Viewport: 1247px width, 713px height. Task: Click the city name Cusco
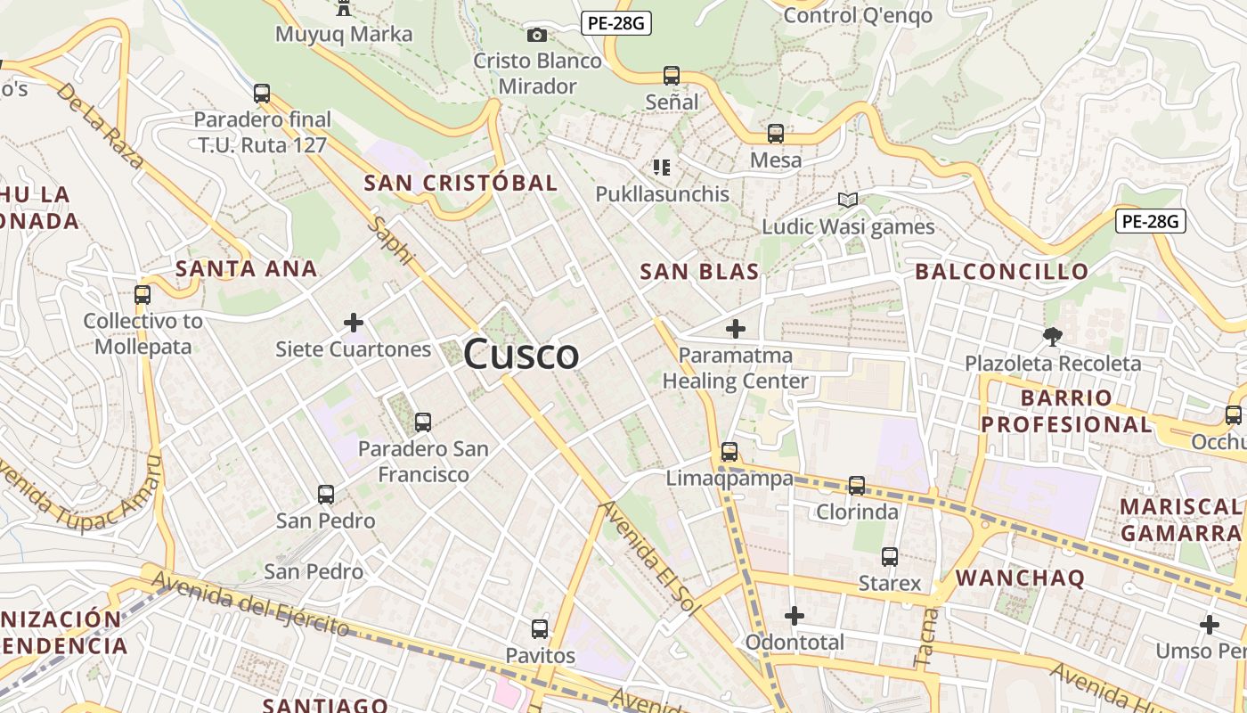tap(521, 355)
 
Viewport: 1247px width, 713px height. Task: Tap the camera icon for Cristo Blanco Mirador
tap(536, 35)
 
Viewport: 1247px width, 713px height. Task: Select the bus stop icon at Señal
tap(672, 76)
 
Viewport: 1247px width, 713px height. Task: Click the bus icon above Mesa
tap(776, 134)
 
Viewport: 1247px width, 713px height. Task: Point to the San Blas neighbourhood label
tap(699, 272)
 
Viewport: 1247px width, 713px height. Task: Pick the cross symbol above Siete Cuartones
tap(354, 322)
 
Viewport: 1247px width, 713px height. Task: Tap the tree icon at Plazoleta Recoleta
tap(1053, 336)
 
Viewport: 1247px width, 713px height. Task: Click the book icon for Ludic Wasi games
tap(848, 201)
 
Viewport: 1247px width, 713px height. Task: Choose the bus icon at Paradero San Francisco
tap(423, 422)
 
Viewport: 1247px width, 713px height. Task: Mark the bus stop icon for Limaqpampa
tap(729, 452)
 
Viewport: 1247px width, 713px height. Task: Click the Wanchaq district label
tap(1020, 578)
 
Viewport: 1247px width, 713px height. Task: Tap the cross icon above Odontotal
tap(794, 615)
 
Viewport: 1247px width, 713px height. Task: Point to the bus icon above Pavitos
tap(540, 628)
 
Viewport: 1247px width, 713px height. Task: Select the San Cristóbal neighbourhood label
tap(460, 183)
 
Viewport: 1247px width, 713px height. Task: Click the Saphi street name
tap(393, 241)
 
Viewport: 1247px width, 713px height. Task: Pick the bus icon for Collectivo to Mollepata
tap(143, 294)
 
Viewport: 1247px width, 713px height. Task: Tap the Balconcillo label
tap(1001, 272)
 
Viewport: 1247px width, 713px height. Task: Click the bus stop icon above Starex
tap(889, 557)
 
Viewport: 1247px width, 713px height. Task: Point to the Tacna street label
tap(926, 637)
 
